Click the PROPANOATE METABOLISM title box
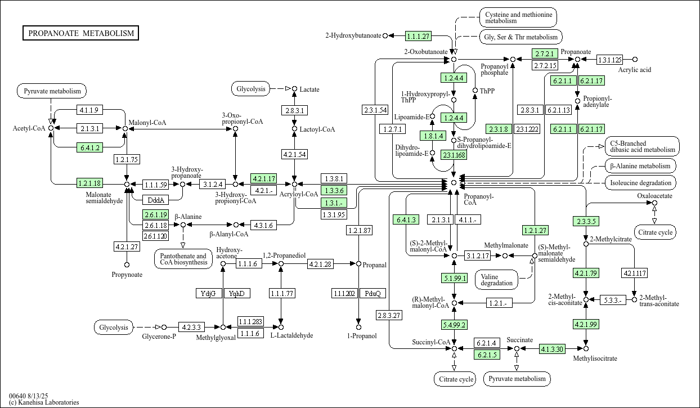point(81,33)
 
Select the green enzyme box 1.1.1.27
point(418,36)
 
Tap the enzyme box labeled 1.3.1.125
point(609,60)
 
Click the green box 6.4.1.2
point(89,147)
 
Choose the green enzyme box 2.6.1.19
point(156,214)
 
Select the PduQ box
point(373,293)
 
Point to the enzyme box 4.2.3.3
point(191,327)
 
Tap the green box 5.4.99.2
point(454,325)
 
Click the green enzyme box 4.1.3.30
point(552,349)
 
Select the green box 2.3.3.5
point(586,221)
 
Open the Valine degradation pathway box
point(497,279)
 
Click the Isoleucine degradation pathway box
point(641,183)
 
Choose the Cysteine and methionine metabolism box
point(518,17)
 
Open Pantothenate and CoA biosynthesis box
point(182,259)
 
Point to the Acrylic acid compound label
point(635,70)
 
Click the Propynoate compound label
point(127,275)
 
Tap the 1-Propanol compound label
point(358,336)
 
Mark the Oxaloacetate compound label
point(654,196)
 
